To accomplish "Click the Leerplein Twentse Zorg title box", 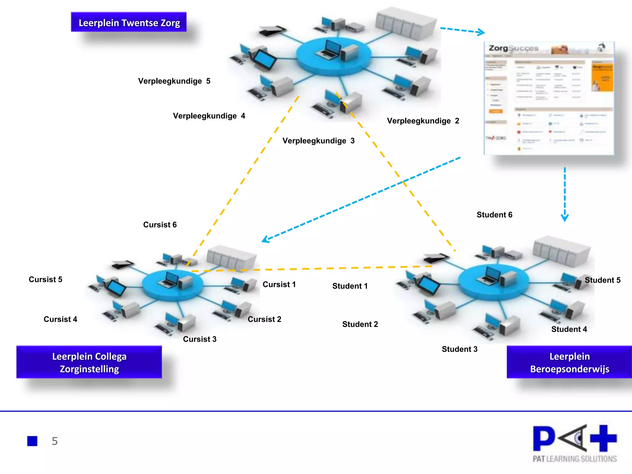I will coord(129,22).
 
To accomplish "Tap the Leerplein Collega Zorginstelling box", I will coord(89,362).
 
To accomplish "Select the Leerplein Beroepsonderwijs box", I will coord(569,362).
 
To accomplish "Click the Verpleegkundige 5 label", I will coord(174,81).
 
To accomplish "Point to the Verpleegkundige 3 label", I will coord(318,141).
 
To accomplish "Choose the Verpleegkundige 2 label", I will coord(423,121).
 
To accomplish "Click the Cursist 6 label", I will coord(160,225).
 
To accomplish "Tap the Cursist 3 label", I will coord(200,339).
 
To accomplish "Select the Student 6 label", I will coord(494,215).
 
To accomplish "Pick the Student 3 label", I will coord(459,349).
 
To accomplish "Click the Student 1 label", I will coord(350,286).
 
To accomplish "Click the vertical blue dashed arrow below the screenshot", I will coord(565,194).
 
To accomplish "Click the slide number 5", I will coord(55,441).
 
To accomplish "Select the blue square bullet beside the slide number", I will coord(32,441).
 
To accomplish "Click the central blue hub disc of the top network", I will coord(333,57).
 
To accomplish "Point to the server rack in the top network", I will coord(406,23).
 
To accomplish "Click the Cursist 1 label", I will coord(279,285).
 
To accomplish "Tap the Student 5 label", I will coord(602,280).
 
